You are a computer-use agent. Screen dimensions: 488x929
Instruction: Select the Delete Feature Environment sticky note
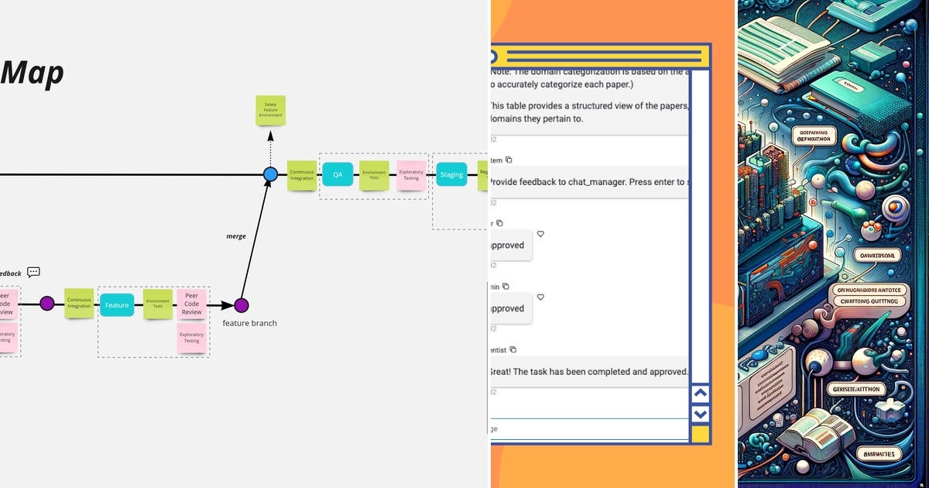pyautogui.click(x=270, y=111)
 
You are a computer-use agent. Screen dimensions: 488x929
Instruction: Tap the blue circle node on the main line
pyautogui.click(x=270, y=174)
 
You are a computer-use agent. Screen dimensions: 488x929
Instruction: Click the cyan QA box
pyautogui.click(x=338, y=174)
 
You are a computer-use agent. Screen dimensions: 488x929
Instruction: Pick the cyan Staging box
pyautogui.click(x=451, y=174)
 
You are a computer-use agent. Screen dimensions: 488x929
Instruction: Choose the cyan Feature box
pyautogui.click(x=117, y=305)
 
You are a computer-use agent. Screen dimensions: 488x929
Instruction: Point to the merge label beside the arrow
pyautogui.click(x=236, y=235)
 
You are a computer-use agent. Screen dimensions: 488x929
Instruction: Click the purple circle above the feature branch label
pyautogui.click(x=241, y=305)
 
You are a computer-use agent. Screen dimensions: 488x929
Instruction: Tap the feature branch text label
pyautogui.click(x=249, y=323)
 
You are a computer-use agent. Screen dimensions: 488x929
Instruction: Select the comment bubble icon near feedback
pyautogui.click(x=33, y=272)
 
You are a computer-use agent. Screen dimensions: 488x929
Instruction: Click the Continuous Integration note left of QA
pyautogui.click(x=302, y=176)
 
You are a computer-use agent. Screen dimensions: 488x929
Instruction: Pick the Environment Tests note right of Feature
pyautogui.click(x=158, y=304)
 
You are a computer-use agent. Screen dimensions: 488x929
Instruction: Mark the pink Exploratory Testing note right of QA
pyautogui.click(x=411, y=176)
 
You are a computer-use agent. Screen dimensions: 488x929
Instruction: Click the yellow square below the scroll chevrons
pyautogui.click(x=700, y=435)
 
